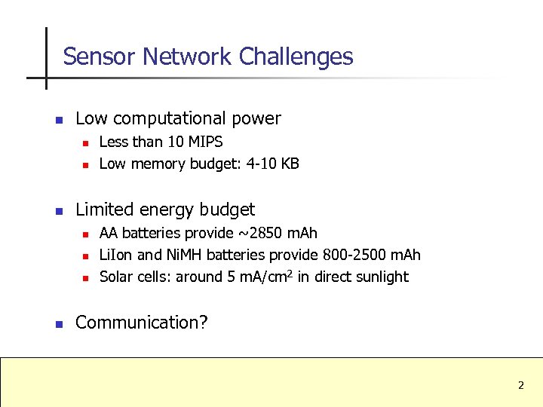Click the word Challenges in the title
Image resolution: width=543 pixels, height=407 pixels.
[x=296, y=57]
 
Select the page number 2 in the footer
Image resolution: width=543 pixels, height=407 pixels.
[x=520, y=385]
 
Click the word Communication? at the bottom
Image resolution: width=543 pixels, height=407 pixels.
[x=142, y=323]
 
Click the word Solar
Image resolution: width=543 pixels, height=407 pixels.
[x=116, y=277]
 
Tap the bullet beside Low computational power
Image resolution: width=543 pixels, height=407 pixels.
[x=58, y=119]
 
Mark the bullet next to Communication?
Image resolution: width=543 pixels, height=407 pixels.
[x=58, y=323]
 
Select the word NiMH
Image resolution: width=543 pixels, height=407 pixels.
[x=184, y=255]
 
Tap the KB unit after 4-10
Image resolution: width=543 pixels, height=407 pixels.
[x=290, y=164]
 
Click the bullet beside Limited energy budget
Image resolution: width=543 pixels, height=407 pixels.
[x=58, y=210]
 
